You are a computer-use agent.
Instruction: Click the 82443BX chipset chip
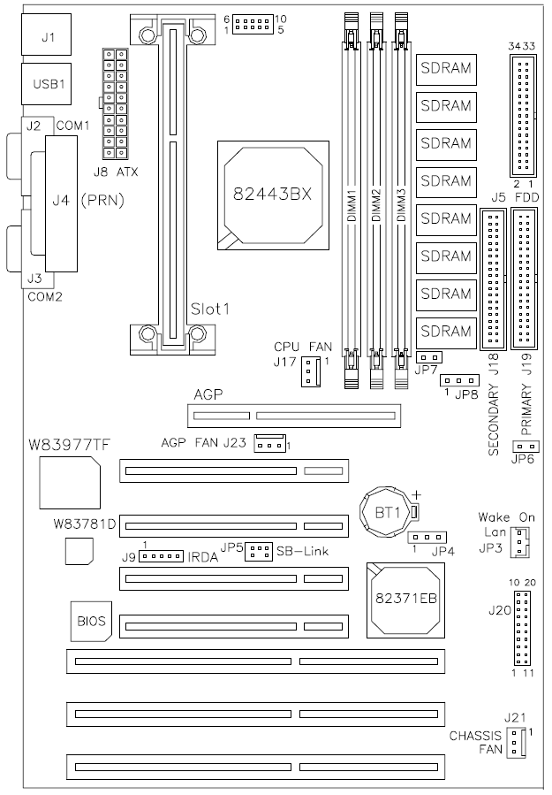point(273,195)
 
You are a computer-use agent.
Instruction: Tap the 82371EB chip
point(405,600)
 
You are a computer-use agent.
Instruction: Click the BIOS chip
point(91,621)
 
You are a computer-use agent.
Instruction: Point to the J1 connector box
point(47,34)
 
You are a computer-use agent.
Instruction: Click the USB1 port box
point(47,84)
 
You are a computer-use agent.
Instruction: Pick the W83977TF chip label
point(69,445)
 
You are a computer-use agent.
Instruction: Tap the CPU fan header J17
point(310,371)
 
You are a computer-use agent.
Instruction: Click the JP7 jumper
point(429,357)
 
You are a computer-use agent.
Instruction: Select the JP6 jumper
point(526,447)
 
